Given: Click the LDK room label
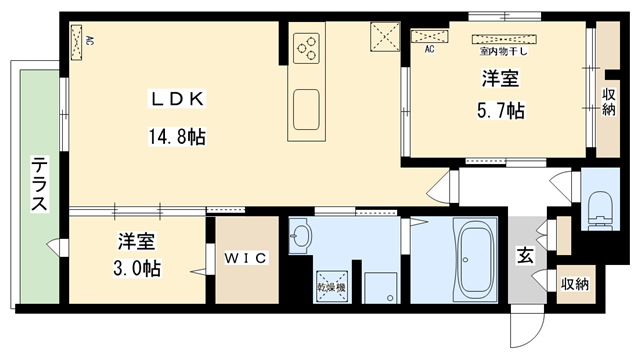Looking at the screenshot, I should (177, 99).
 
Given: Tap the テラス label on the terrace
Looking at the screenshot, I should (39, 184).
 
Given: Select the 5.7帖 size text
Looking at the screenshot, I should (499, 110).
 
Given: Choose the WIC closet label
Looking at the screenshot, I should (244, 259).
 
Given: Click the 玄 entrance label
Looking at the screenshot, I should (524, 255).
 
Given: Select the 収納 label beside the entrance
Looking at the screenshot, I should (574, 284).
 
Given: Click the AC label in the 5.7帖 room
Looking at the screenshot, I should (429, 48).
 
